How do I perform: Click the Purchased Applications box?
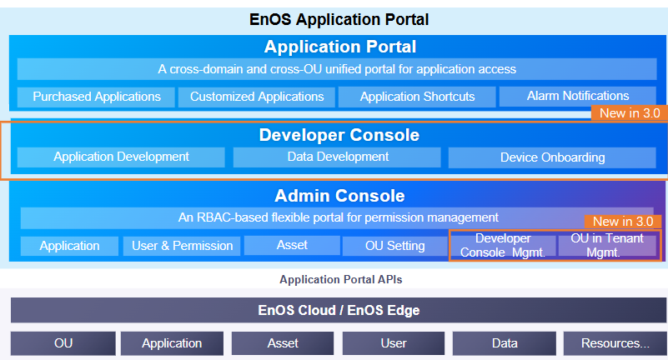(x=97, y=97)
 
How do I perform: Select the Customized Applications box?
(x=257, y=97)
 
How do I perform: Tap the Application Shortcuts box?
(x=417, y=97)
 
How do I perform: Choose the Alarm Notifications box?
(x=578, y=96)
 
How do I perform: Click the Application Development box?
(x=122, y=157)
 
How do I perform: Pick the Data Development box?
(x=338, y=157)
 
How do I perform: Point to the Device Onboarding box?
(x=553, y=157)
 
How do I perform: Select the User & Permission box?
(x=183, y=246)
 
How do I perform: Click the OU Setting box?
(x=394, y=246)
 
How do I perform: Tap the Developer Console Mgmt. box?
(x=503, y=246)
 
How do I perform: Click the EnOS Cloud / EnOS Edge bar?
(x=338, y=311)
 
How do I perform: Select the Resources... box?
(x=615, y=343)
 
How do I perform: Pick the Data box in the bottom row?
(x=504, y=343)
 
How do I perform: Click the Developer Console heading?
(x=339, y=135)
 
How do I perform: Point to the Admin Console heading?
(x=339, y=197)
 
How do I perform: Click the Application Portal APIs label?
(x=340, y=280)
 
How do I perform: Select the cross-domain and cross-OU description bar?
(x=337, y=69)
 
